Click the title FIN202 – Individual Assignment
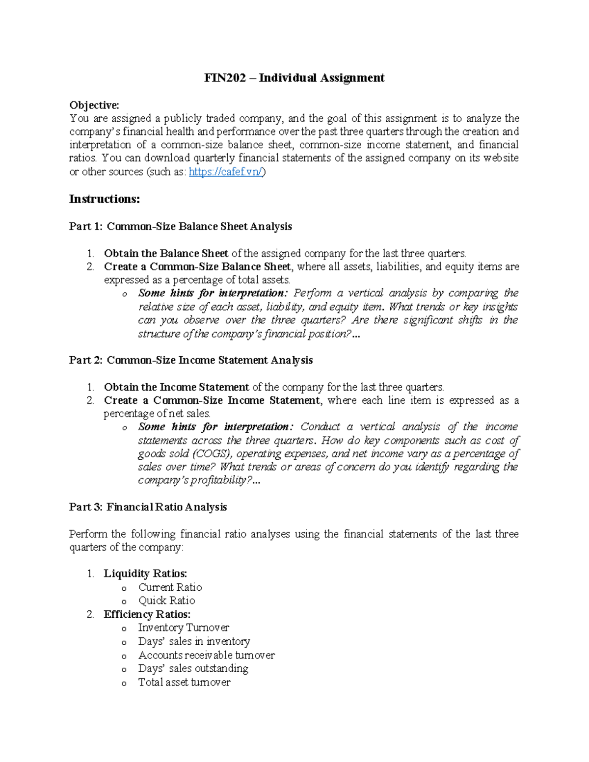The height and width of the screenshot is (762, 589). [x=294, y=78]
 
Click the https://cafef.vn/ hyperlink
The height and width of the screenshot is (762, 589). [x=226, y=172]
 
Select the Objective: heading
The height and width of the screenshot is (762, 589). [x=94, y=105]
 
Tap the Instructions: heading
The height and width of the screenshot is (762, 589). [x=105, y=199]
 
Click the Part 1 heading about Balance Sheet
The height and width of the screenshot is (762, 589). [x=181, y=226]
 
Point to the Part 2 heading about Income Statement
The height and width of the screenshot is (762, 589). [x=191, y=360]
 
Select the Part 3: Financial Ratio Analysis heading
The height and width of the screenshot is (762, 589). [x=148, y=507]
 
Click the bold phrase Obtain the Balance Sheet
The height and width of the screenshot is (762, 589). [x=166, y=253]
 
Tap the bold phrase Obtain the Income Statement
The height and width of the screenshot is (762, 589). [x=176, y=387]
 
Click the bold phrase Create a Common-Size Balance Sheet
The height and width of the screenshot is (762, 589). [x=197, y=266]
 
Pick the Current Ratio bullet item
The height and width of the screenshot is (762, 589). [x=170, y=587]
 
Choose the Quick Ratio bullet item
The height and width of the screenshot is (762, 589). [x=166, y=601]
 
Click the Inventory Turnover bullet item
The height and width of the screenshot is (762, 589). [x=184, y=628]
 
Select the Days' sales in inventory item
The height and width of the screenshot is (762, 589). [x=194, y=641]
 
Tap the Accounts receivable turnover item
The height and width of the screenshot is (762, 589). [x=206, y=655]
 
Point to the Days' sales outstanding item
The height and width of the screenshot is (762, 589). [x=193, y=668]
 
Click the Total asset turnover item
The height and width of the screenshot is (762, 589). [x=184, y=682]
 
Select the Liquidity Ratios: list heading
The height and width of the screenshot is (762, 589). [x=145, y=574]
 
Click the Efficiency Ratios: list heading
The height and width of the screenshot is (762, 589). [x=147, y=614]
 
